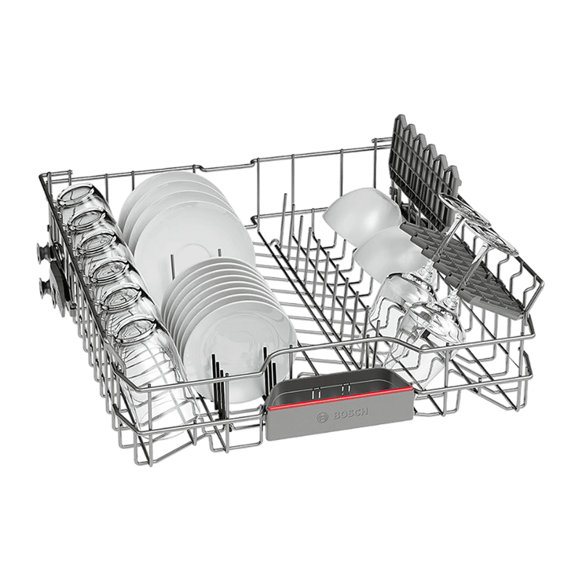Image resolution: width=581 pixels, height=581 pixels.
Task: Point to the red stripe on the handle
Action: [x=339, y=397]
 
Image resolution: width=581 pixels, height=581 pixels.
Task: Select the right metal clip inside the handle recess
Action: [x=347, y=386]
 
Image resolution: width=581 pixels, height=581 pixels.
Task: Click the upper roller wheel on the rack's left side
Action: [x=43, y=252]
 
